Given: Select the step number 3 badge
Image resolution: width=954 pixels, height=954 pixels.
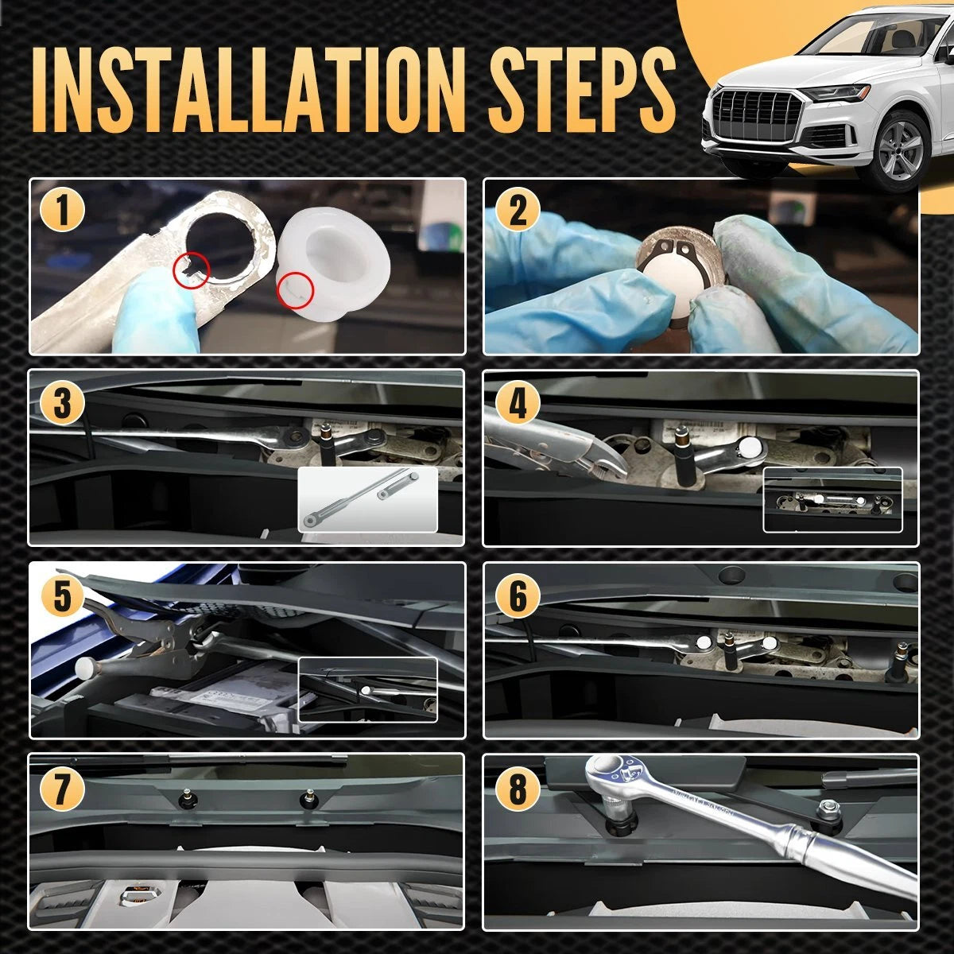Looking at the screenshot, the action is pyautogui.click(x=62, y=402).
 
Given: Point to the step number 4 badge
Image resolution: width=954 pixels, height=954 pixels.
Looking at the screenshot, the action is pyautogui.click(x=518, y=402).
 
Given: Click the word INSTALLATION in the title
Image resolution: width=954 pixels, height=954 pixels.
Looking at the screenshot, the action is pyautogui.click(x=249, y=90).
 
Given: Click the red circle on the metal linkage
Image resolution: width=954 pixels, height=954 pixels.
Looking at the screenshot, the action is pyautogui.click(x=192, y=270).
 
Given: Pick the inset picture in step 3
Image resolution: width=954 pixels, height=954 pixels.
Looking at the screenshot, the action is pyautogui.click(x=368, y=499).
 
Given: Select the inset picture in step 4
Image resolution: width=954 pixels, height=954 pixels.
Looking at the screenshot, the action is pyautogui.click(x=832, y=499).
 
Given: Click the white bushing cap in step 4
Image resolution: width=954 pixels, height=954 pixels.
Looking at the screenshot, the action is pyautogui.click(x=750, y=448).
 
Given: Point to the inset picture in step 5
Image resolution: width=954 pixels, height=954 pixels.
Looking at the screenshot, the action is pyautogui.click(x=368, y=690).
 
